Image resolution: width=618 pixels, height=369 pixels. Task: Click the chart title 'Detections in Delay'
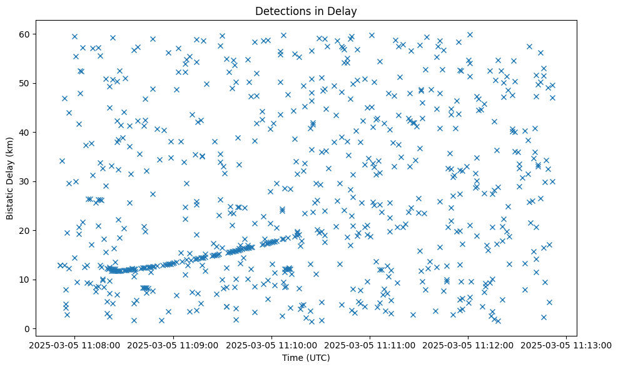(x=306, y=11)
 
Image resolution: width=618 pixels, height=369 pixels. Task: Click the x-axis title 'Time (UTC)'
(x=306, y=358)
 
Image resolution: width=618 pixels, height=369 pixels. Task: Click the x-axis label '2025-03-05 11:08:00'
(x=75, y=345)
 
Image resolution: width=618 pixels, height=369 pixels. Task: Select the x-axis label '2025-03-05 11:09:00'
(x=173, y=345)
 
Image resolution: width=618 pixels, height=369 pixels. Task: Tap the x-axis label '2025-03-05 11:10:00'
(x=271, y=345)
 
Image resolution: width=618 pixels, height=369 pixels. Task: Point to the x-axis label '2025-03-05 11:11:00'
(x=370, y=345)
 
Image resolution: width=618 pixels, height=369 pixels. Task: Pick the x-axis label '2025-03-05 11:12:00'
(x=468, y=345)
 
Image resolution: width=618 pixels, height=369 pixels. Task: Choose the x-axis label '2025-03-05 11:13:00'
(x=566, y=345)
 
